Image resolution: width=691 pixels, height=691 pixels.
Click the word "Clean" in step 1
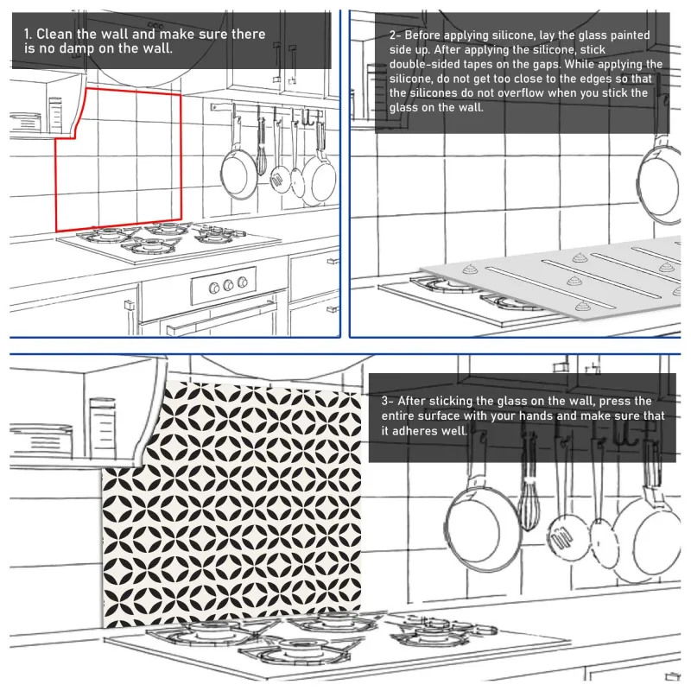tap(54, 34)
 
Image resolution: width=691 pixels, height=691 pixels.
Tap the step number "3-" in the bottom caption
tap(387, 401)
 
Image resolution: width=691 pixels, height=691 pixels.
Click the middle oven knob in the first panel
tap(228, 285)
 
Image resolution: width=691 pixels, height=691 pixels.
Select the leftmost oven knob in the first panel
tap(214, 288)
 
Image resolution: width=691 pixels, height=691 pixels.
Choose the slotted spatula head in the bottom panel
tap(565, 536)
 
